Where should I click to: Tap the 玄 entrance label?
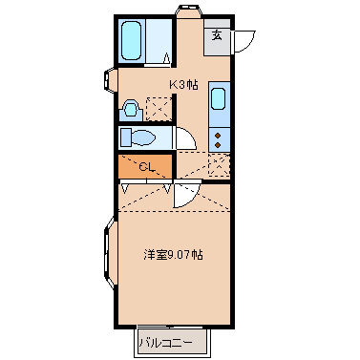pos(218,37)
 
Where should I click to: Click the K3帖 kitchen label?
pos(184,84)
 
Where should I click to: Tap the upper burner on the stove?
pos(218,136)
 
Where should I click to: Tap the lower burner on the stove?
pos(218,146)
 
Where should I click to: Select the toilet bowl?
pos(143,138)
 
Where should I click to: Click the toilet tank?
pos(126,138)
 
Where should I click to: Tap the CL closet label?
pos(146,167)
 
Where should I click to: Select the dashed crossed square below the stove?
pos(219,167)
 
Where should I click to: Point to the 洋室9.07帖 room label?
pos(173,255)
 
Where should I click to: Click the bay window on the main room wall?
pos(109,255)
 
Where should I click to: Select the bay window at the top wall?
pos(188,12)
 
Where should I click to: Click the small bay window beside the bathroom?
pos(112,80)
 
